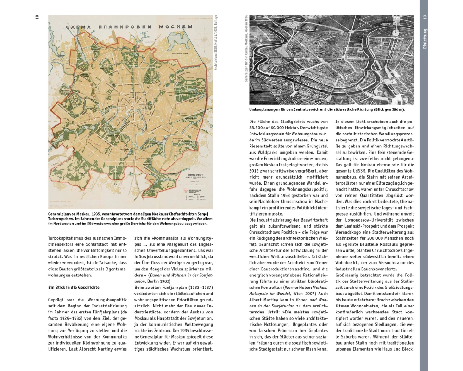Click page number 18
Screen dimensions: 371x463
37,18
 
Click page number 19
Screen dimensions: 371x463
424,18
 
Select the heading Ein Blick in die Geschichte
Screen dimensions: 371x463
74,288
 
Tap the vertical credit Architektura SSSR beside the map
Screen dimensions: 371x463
216,44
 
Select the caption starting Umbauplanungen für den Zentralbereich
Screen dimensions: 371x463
327,109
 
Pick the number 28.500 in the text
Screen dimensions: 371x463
259,128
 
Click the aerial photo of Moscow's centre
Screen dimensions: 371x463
332,60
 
